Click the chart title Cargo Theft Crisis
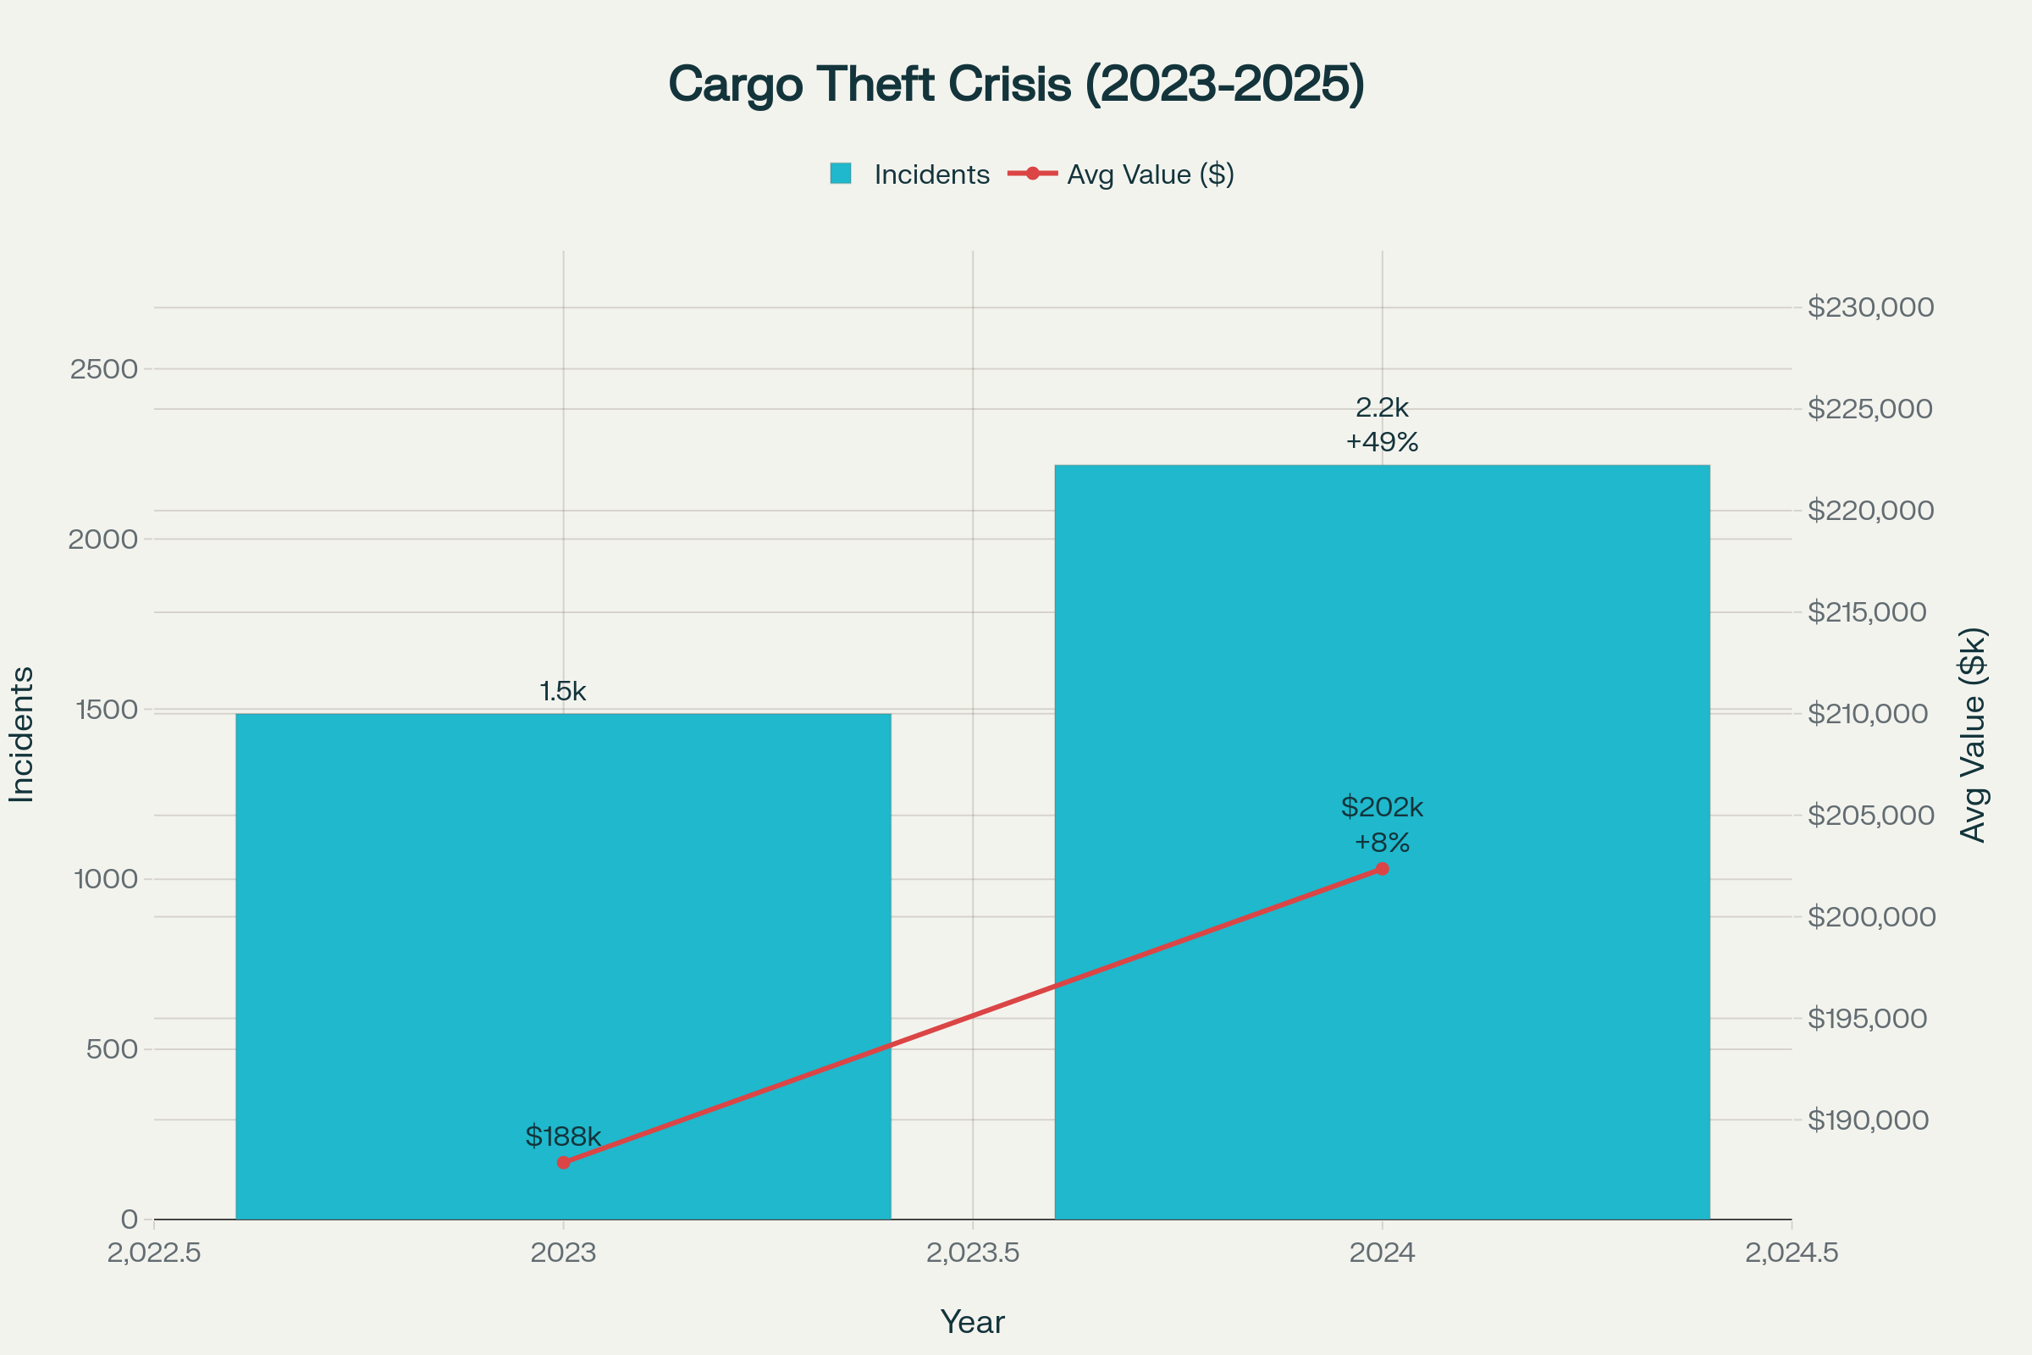(x=1016, y=85)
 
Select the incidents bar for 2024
(x=1382, y=691)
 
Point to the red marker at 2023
(x=563, y=1162)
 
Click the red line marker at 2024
(x=1382, y=869)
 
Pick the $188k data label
(x=563, y=1137)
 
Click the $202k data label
(x=1382, y=807)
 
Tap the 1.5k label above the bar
(x=563, y=691)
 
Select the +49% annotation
(x=1382, y=442)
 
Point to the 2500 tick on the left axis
(x=103, y=369)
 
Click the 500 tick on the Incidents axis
(x=113, y=1049)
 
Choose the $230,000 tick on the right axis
(x=1870, y=307)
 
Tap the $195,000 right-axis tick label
(x=1867, y=1018)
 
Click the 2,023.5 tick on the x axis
(x=973, y=1253)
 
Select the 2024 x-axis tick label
(x=1382, y=1253)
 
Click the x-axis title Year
(x=973, y=1322)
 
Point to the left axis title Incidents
(x=23, y=734)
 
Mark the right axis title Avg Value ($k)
(x=1974, y=734)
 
